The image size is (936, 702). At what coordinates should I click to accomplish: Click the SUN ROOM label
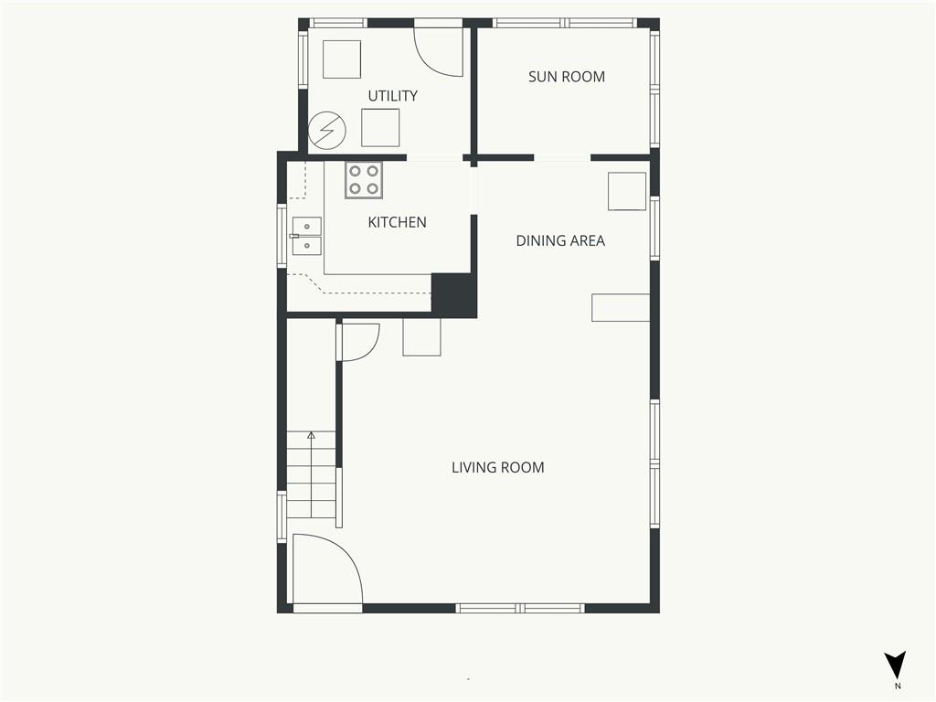(x=567, y=77)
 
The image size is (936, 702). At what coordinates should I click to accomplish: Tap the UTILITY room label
(x=392, y=95)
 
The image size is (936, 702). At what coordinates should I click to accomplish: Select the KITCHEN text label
(x=397, y=222)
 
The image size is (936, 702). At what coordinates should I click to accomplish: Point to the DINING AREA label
(x=560, y=240)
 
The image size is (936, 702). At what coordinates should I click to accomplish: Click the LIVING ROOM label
(x=498, y=467)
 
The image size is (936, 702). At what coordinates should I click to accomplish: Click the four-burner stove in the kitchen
(x=364, y=180)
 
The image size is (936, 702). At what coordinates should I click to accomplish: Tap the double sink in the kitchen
(x=306, y=237)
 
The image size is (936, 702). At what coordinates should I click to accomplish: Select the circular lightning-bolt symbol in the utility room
(x=327, y=130)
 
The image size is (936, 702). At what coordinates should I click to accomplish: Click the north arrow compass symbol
(x=895, y=665)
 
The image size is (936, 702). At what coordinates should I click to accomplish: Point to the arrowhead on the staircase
(x=311, y=435)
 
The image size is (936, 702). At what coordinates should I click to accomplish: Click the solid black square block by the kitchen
(x=453, y=295)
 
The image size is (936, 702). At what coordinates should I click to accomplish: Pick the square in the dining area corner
(x=627, y=191)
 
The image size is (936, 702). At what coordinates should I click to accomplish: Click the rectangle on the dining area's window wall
(x=621, y=307)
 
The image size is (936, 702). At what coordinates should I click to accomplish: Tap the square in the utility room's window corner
(x=342, y=59)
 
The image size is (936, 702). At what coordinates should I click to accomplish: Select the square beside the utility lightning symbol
(x=380, y=128)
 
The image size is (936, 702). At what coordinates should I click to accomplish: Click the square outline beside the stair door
(x=421, y=337)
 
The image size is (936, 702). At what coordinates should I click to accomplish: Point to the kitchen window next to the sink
(x=282, y=236)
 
